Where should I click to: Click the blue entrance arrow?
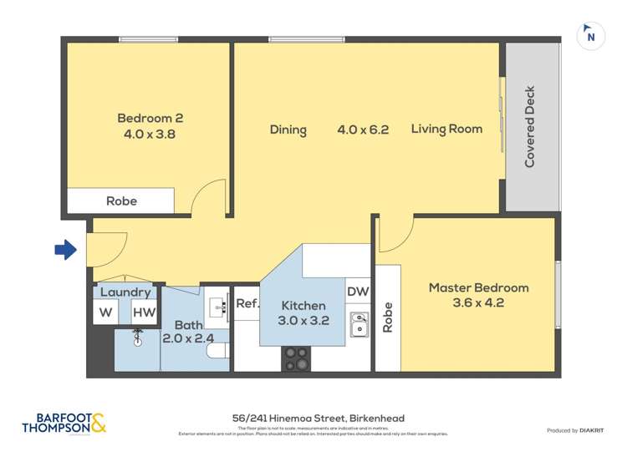pos(65,249)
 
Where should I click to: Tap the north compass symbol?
pos(591,36)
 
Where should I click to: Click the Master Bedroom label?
pos(478,287)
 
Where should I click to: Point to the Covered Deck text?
pos(529,127)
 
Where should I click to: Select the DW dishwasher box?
pos(358,291)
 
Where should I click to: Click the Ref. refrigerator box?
pos(247,304)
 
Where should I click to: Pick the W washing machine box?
pos(106,312)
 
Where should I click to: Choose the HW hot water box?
pos(143,312)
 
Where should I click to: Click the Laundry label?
pos(125,292)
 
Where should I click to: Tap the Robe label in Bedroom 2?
pos(121,201)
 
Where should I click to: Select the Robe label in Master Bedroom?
pos(387,317)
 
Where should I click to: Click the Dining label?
pos(288,129)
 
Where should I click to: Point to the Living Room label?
pos(446,129)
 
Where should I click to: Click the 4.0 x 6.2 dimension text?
pos(363,129)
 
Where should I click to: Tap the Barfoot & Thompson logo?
pos(64,423)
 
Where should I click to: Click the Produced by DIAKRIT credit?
pos(576,429)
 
